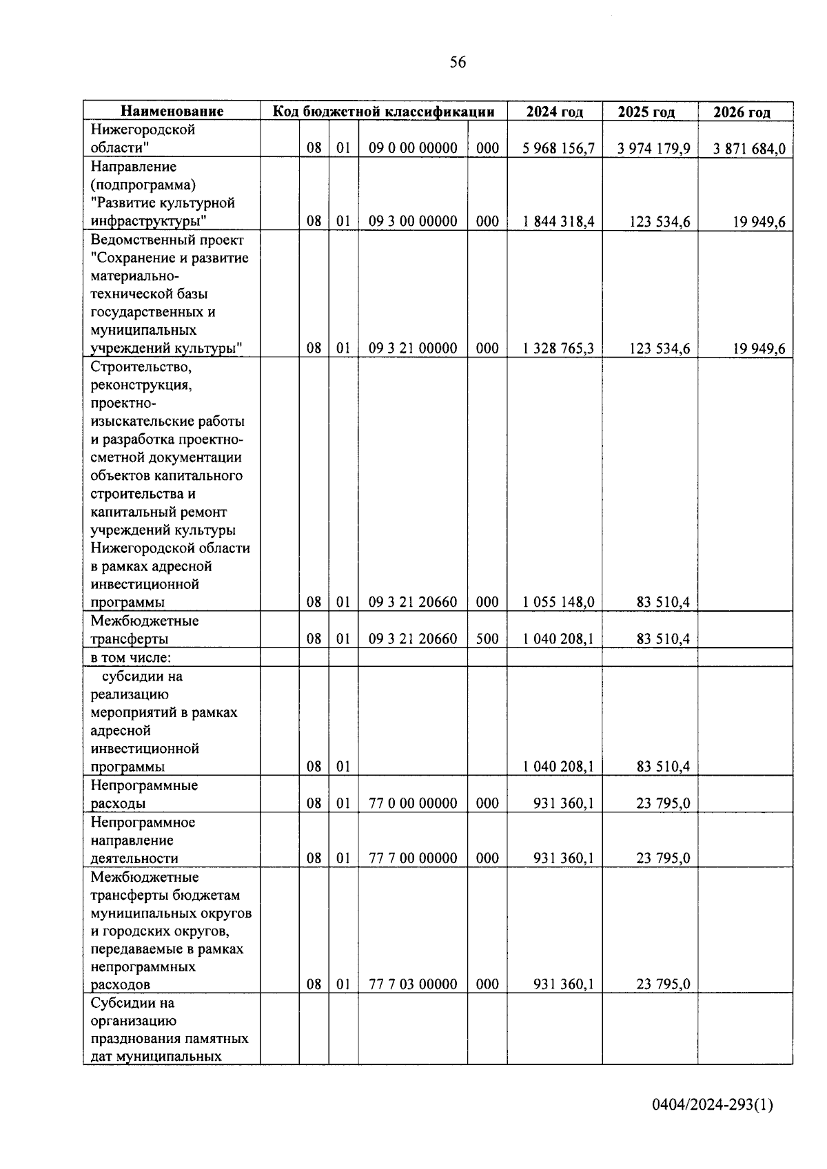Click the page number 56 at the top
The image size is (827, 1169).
(458, 63)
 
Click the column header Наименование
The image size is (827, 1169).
(172, 112)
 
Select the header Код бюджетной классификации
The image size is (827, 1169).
(383, 112)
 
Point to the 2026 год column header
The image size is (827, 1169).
(742, 112)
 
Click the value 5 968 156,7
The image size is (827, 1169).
(558, 148)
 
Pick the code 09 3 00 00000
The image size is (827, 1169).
(413, 221)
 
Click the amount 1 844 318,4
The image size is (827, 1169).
(558, 221)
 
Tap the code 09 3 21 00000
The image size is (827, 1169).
(413, 348)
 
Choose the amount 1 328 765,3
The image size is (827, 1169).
(558, 348)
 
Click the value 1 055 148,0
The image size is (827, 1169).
(558, 602)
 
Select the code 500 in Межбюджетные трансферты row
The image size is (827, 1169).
(487, 639)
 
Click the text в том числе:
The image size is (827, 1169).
(131, 658)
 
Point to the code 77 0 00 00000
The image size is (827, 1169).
(413, 803)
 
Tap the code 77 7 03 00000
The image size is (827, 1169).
(413, 984)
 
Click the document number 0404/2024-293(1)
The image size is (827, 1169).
(713, 1105)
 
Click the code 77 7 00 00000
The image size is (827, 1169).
(413, 858)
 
